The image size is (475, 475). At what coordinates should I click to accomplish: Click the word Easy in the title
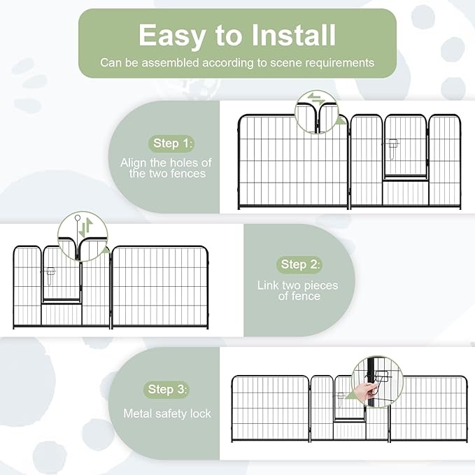click(172, 36)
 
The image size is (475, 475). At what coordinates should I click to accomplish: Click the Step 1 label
click(171, 143)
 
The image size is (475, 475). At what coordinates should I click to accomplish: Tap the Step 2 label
click(299, 264)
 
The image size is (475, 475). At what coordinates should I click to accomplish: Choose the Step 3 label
click(166, 389)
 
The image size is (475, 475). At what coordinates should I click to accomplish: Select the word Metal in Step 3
click(136, 413)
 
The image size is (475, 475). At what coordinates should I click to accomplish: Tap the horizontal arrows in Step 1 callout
click(316, 99)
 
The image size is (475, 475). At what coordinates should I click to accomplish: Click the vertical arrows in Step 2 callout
click(86, 228)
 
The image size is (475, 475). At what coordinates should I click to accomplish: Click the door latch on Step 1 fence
click(392, 148)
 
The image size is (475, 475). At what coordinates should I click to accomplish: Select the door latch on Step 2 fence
click(50, 276)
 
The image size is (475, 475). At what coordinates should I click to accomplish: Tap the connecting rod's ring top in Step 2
click(78, 218)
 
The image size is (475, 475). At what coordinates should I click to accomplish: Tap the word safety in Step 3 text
click(170, 414)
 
